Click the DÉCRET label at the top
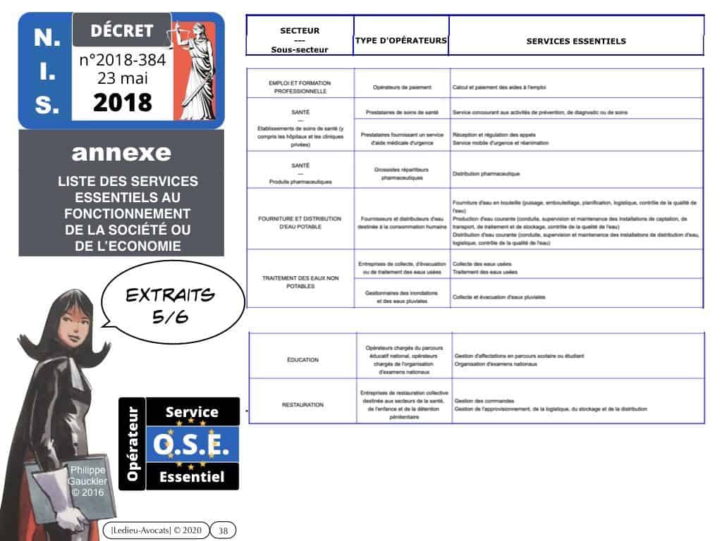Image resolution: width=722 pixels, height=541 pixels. (x=121, y=30)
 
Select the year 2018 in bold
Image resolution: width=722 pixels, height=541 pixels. (x=122, y=102)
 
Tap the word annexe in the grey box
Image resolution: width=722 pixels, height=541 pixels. (x=121, y=152)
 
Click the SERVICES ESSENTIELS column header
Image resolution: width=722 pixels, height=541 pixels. (x=575, y=41)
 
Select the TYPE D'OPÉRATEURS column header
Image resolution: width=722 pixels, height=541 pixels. (x=400, y=41)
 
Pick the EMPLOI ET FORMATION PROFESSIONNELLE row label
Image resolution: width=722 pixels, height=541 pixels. (x=300, y=87)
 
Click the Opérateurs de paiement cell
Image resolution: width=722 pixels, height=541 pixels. (x=402, y=87)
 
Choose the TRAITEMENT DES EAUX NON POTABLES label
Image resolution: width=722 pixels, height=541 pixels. (x=300, y=282)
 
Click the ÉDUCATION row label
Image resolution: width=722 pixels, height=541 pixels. (x=302, y=359)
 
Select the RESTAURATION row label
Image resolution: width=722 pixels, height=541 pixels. (x=302, y=405)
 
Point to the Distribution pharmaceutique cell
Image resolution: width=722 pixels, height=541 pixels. (x=487, y=173)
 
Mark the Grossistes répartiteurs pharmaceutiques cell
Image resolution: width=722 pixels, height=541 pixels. (x=402, y=173)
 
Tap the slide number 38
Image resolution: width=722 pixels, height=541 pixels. (x=223, y=530)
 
